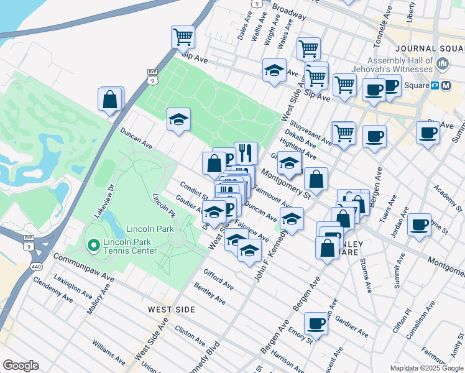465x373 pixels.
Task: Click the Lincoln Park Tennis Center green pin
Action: pos(94,246)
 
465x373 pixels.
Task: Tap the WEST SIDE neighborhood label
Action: pos(172,309)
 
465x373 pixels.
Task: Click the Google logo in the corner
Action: pos(21,366)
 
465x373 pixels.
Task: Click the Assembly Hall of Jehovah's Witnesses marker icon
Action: pos(443,63)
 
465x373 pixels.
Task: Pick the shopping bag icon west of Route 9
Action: pos(110,99)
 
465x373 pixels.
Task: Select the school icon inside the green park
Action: pos(178,119)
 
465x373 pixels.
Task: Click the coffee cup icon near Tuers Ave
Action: pos(420,223)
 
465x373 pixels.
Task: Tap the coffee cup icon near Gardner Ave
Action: pos(316,323)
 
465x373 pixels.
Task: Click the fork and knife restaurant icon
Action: pos(246,152)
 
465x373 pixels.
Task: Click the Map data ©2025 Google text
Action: pos(426,368)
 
